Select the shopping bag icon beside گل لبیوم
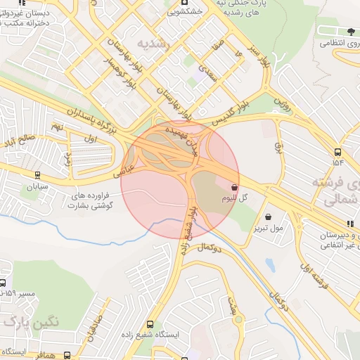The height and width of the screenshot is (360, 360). [234, 188]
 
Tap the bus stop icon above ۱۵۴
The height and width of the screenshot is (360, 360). [338, 152]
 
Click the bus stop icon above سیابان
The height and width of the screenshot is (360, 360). [37, 176]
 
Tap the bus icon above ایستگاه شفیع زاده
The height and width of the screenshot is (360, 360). [150, 324]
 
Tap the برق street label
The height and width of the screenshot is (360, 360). [276, 148]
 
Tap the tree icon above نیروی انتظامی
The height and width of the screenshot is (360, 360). [349, 31]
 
